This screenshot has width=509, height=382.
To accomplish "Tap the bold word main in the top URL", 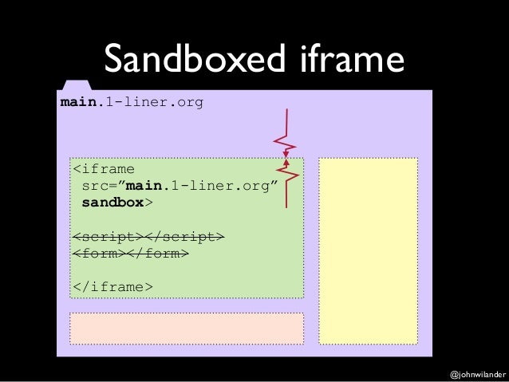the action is [x=77, y=103].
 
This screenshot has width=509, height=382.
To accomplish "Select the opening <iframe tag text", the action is [x=104, y=169].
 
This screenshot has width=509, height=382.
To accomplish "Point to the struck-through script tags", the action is [x=148, y=237].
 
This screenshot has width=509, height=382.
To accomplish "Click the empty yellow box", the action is [x=369, y=250].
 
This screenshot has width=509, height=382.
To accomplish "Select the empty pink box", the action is [x=187, y=328].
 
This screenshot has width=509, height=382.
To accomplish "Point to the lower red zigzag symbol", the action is [x=287, y=183].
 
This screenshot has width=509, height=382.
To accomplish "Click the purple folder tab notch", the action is [x=76, y=85].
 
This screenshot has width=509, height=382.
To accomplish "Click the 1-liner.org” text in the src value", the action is [x=227, y=186].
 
